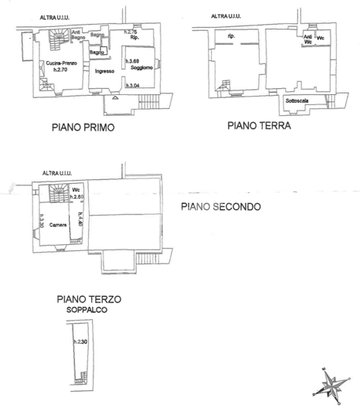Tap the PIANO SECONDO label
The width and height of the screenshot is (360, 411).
(221, 207)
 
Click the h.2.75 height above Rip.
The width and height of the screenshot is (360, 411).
(131, 32)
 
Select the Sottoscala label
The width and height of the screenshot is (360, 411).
(297, 101)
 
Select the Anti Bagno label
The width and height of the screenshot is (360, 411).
(77, 35)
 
